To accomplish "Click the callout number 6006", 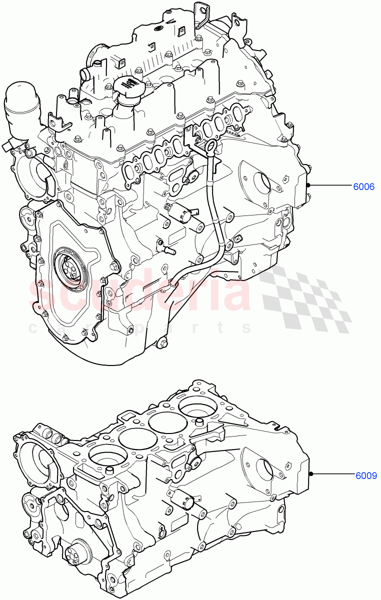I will tap(363, 187).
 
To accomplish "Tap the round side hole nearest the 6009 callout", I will tap(264, 468).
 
